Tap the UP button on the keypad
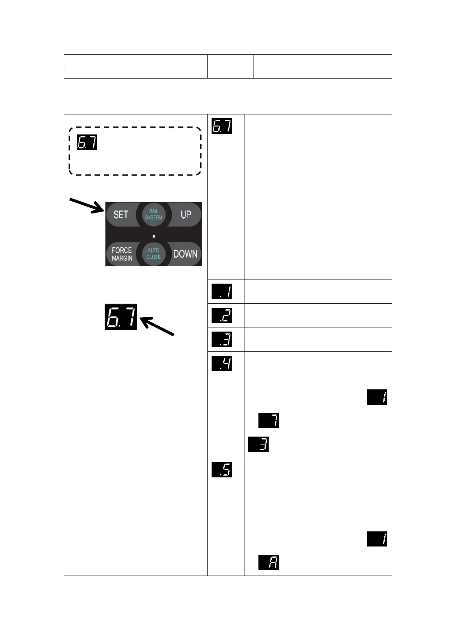185,215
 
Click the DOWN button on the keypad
185,254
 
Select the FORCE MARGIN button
122,254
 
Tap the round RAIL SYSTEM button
153,215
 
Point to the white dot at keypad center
154,236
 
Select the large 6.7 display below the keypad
121,316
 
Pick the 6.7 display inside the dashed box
87,142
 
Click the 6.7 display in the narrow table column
222,126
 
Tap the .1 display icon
222,292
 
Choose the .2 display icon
222,315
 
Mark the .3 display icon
222,340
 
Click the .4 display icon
222,363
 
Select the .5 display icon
222,470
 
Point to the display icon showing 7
269,421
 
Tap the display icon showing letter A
269,562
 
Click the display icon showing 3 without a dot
258,444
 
